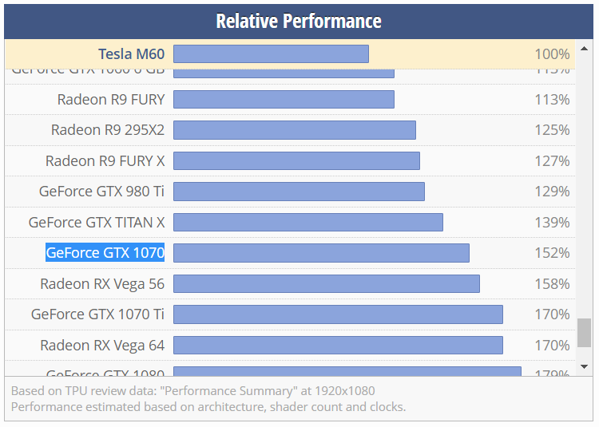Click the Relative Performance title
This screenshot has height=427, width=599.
[299, 21]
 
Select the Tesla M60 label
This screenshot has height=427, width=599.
[131, 54]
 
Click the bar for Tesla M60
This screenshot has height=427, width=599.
[271, 54]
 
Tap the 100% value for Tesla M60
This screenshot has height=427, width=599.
[552, 54]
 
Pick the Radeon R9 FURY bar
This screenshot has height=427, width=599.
[284, 100]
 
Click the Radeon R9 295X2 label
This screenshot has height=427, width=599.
[108, 130]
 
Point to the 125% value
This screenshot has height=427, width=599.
[552, 130]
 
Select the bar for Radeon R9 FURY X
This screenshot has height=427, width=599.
[296, 161]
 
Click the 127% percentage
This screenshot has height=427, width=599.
[552, 161]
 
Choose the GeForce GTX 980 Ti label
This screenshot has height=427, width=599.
[101, 192]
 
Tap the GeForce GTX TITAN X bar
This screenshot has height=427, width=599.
[307, 223]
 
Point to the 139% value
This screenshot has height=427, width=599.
[552, 223]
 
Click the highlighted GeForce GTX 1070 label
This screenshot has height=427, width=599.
[105, 253]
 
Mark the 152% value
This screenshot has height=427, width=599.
[552, 253]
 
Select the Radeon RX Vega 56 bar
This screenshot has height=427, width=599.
[326, 284]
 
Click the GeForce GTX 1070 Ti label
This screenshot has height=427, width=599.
[97, 314]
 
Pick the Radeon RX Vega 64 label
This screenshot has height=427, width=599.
[102, 346]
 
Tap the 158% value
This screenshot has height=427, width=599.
[552, 284]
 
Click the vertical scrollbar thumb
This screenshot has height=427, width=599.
[584, 333]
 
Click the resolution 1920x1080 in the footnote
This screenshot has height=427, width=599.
[339, 391]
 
